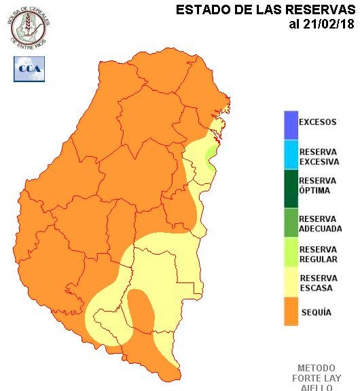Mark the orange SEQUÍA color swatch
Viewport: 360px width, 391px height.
coord(291,312)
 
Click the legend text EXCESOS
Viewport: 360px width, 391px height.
coord(317,123)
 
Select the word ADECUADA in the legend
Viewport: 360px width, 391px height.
coord(320,229)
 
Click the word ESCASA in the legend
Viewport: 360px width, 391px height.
coord(315,288)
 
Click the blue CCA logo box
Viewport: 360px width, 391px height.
coord(29,69)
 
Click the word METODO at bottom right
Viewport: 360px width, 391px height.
coord(317,368)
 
